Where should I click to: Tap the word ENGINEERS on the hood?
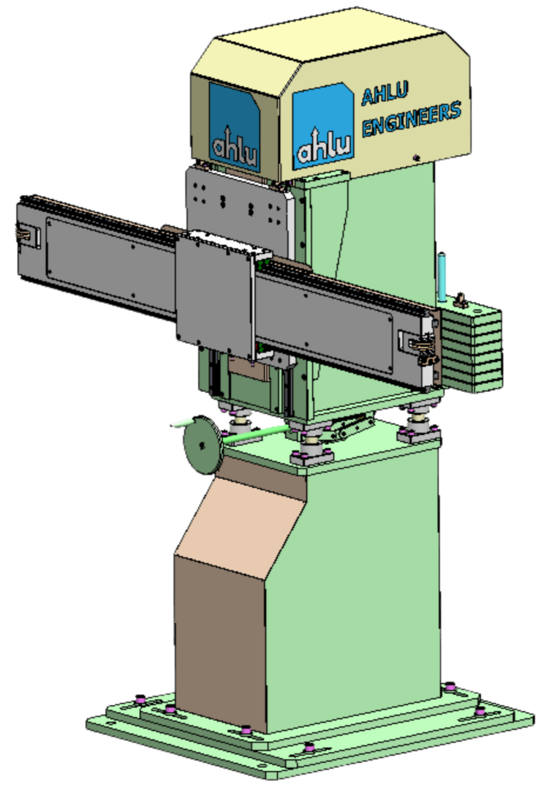pyautogui.click(x=412, y=118)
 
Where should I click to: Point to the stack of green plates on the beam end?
pyautogui.click(x=473, y=347)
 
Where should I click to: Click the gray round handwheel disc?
pyautogui.click(x=201, y=447)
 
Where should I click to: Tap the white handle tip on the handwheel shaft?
pyautogui.click(x=179, y=423)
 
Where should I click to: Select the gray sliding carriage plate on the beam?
pyautogui.click(x=213, y=289)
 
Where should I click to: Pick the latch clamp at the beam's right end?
pyautogui.click(x=423, y=347)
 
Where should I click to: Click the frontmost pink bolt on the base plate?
pyautogui.click(x=309, y=748)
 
